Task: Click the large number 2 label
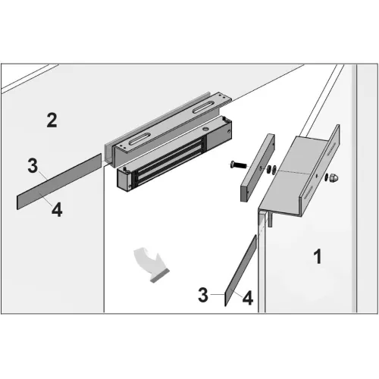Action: [52, 121]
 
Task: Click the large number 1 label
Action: [318, 256]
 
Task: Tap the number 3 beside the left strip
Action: [33, 166]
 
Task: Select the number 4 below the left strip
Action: [57, 210]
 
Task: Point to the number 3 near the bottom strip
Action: [203, 295]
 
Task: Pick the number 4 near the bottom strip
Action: [248, 298]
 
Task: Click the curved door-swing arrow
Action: [152, 264]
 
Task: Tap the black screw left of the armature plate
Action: [238, 165]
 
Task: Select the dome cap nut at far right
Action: [334, 178]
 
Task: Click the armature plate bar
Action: [258, 168]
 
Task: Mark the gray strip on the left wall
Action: [59, 181]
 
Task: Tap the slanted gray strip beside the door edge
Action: [240, 271]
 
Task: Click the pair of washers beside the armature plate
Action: [271, 169]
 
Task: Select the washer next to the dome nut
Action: [327, 177]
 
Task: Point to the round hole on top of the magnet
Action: [205, 129]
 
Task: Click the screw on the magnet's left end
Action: [125, 169]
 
